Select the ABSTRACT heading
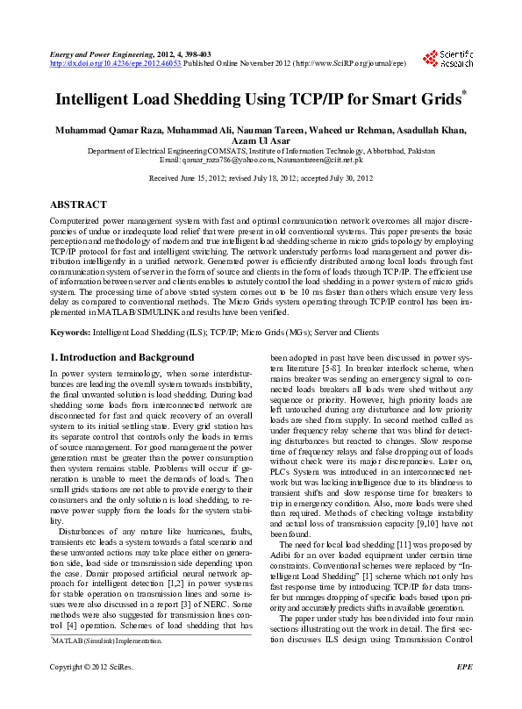coord(79,204)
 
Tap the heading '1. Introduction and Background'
coord(122,357)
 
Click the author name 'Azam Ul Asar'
coord(261,141)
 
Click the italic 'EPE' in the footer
coord(465,692)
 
